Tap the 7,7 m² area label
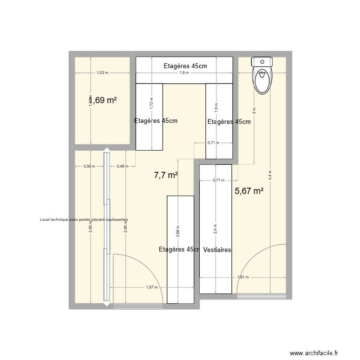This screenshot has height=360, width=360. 166,175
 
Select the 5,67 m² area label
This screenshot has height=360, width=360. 249,191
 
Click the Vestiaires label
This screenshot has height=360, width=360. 217,250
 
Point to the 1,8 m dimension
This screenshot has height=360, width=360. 184,73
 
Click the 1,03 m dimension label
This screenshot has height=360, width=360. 102,73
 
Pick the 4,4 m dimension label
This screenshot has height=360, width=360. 271,176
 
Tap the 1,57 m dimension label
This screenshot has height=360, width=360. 152,287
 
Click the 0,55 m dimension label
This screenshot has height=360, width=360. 89,166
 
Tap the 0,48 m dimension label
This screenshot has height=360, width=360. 123,166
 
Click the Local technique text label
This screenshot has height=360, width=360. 84,219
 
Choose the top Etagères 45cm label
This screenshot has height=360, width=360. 184,66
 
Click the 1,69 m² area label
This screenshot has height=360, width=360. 103,100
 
